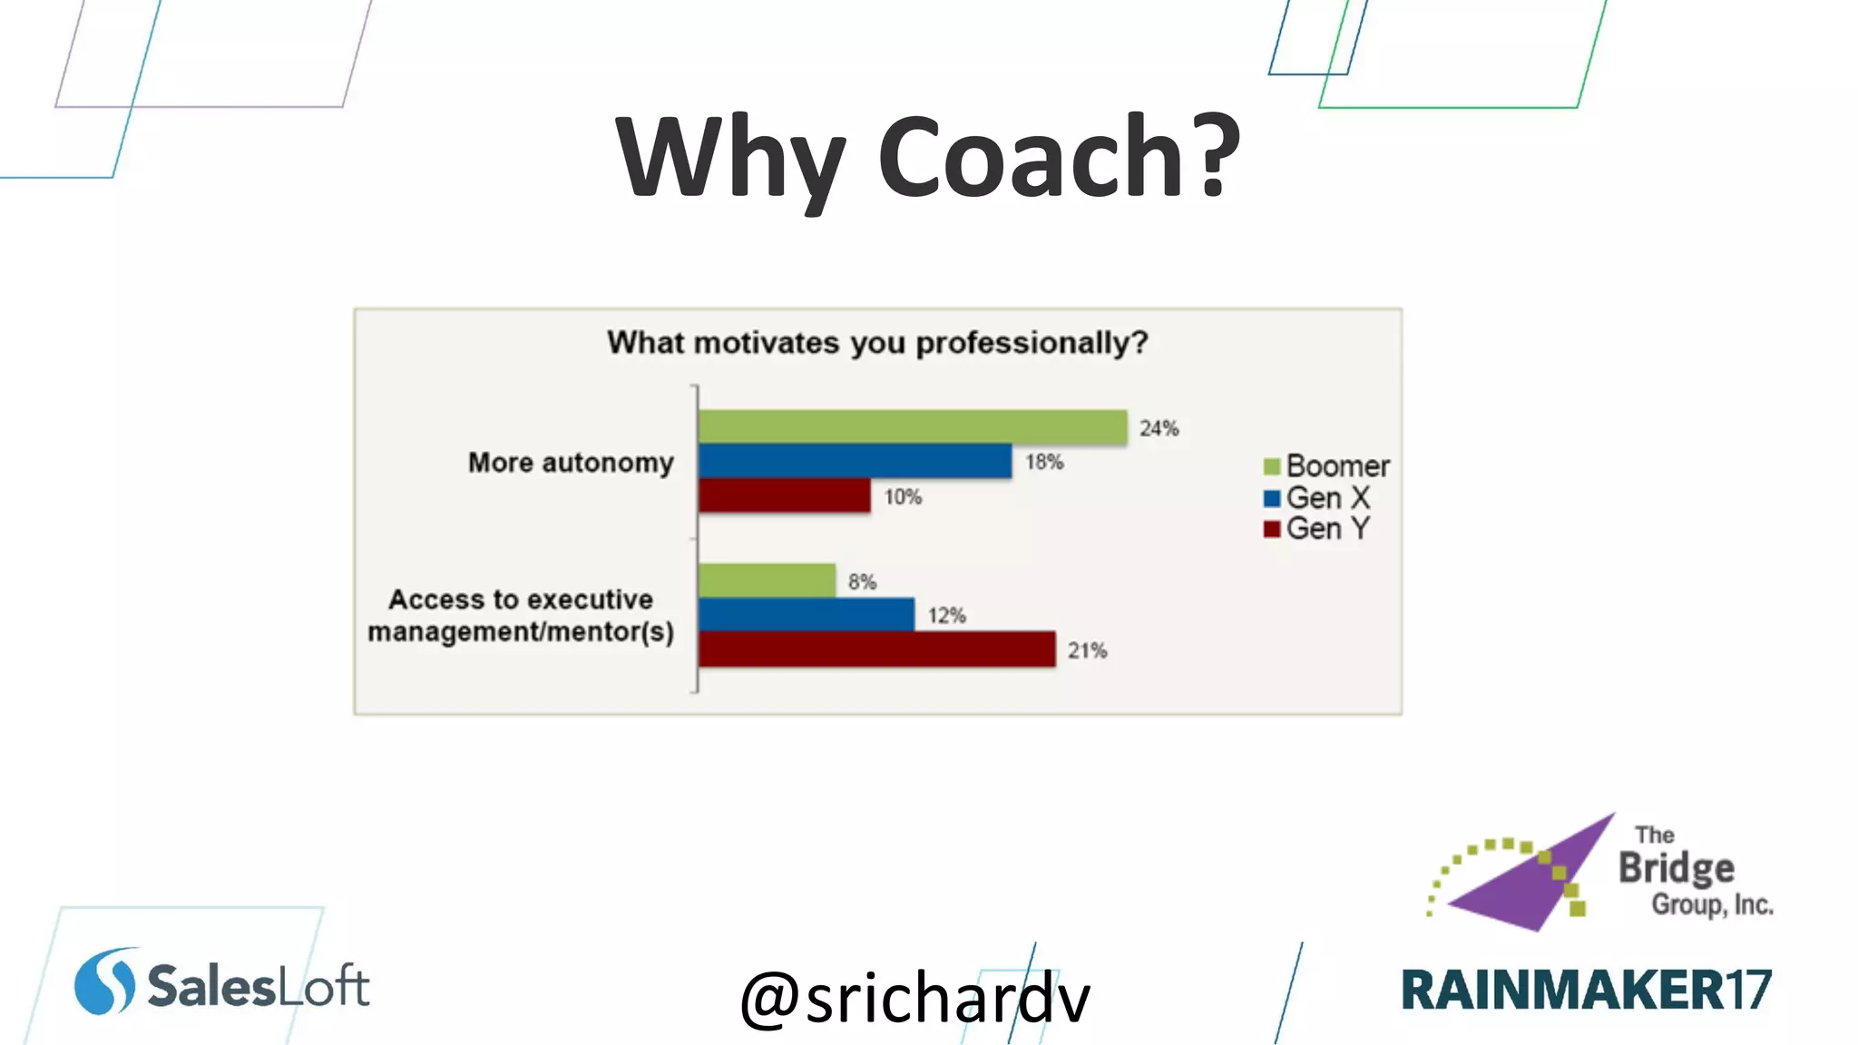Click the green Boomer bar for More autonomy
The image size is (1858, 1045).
coord(912,426)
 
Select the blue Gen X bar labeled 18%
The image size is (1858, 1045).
coord(855,461)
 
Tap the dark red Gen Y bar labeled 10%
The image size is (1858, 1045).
coord(784,495)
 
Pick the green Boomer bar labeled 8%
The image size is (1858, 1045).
coord(767,581)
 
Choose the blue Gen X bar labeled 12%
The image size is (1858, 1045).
coord(806,614)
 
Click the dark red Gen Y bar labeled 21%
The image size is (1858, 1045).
coord(876,649)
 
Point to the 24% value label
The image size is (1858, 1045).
coord(1159,428)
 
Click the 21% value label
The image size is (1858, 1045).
coord(1087,650)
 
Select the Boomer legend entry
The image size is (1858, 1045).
coord(1326,466)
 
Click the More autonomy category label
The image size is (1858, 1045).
coord(571,463)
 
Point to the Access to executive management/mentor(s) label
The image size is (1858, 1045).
coord(521,616)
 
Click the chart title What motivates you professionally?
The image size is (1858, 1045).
coord(877,343)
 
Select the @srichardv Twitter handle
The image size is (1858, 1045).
coord(914,998)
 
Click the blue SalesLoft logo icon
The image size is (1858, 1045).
coord(104,982)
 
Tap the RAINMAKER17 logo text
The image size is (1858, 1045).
coord(1586,990)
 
